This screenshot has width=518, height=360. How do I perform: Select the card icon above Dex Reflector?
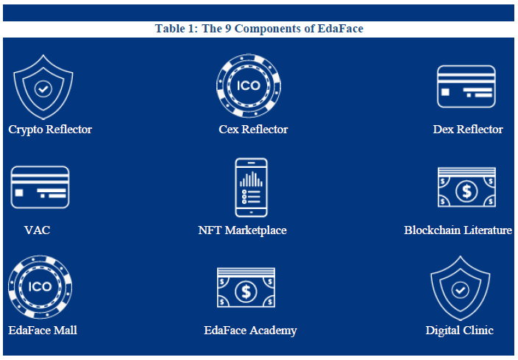pos(466,87)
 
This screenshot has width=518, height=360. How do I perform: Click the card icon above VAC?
pos(40,188)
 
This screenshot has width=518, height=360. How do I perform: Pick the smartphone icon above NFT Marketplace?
pos(251,188)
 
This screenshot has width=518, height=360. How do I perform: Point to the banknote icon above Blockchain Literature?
pos(466,188)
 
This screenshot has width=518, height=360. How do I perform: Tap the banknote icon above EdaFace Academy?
pos(246,288)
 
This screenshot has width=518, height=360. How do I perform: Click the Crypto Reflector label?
pos(50,130)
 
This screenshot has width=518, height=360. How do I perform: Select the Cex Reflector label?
pos(253,130)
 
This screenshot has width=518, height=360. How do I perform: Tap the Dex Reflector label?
pos(468,130)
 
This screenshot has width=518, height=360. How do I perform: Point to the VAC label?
pos(37,230)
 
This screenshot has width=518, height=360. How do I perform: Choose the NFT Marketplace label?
pos(242,230)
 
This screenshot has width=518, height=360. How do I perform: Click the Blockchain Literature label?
pos(458,230)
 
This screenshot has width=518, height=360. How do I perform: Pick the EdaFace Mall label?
pos(43,331)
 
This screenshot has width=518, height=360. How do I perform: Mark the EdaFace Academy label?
pos(250,331)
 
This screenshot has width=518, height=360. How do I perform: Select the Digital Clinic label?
pos(460,331)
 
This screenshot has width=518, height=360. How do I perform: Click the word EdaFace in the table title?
pos(340,29)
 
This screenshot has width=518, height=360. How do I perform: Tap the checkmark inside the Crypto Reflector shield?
pos(43,88)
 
